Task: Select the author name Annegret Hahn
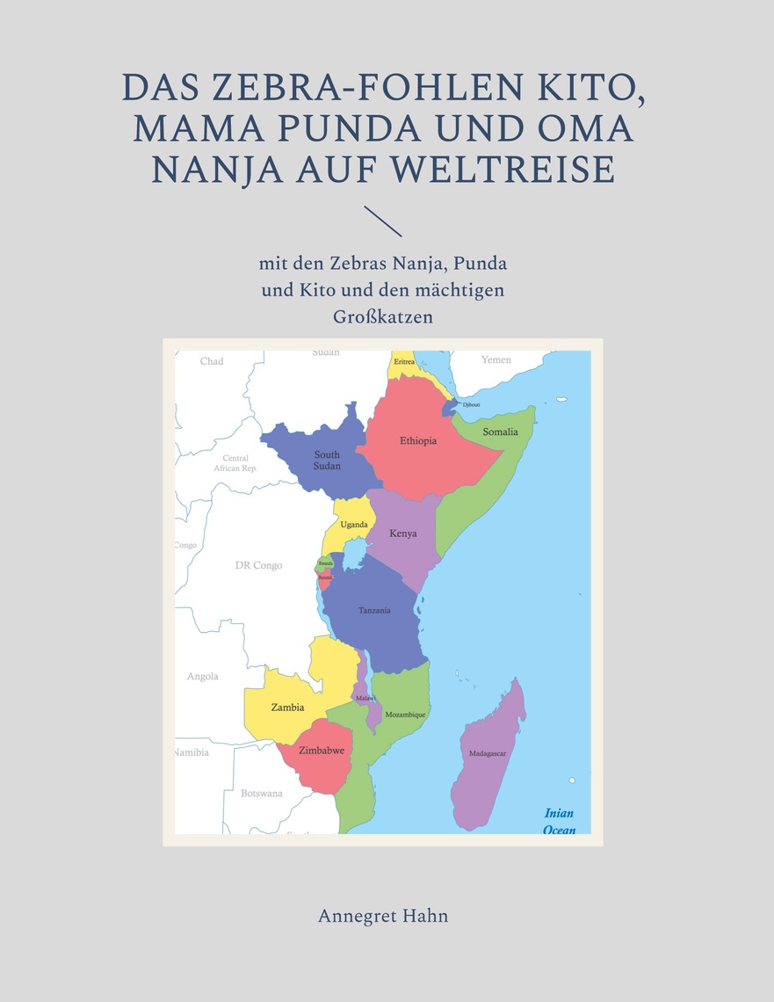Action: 383,916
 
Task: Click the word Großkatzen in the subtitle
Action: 383,316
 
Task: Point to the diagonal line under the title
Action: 382,221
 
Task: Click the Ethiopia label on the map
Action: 418,440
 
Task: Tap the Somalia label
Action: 501,432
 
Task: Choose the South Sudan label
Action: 327,460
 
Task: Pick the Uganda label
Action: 354,525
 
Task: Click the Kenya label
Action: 403,533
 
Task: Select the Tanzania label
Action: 374,610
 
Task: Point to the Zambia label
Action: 288,707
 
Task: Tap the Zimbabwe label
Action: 321,750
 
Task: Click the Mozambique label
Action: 405,715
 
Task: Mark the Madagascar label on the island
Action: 487,753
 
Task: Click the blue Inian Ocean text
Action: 560,821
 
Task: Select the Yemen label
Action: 496,360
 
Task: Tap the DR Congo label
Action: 258,565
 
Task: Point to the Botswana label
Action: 262,793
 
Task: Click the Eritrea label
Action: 404,361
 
